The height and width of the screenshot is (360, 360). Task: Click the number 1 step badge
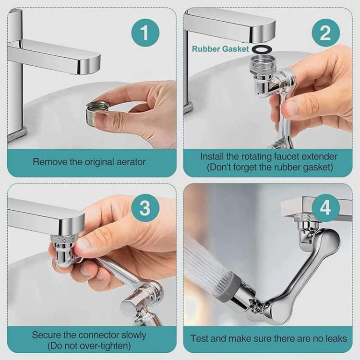(145, 32)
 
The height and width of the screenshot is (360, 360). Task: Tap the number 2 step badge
(326, 32)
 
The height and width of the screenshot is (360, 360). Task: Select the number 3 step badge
(145, 208)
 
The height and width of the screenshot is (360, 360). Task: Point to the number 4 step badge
(326, 208)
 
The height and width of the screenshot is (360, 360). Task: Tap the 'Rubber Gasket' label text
(220, 49)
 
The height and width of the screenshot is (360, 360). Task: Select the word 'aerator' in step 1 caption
(131, 162)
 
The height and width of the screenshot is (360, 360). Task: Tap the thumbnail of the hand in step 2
(292, 106)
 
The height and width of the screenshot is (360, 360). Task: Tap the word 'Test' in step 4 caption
(199, 339)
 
